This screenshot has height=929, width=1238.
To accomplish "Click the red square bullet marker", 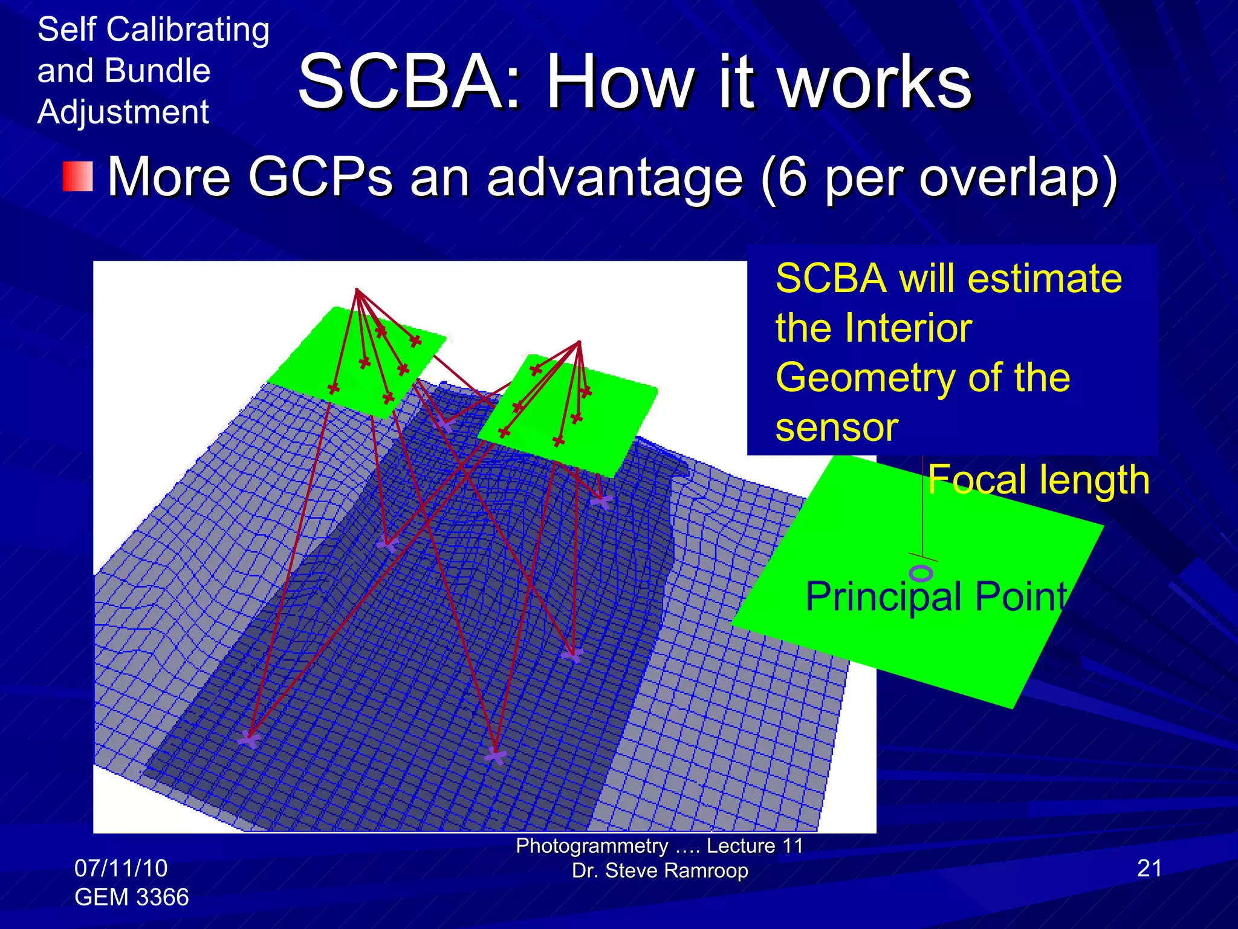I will pyautogui.click(x=78, y=177).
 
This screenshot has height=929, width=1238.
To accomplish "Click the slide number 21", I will pyautogui.click(x=1149, y=869).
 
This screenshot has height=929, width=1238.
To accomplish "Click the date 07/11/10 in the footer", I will pyautogui.click(x=121, y=869).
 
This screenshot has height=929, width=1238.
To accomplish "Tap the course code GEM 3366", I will pyautogui.click(x=131, y=897).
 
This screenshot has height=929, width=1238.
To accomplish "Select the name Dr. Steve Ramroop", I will pyautogui.click(x=660, y=871).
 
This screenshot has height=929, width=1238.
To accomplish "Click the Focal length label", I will pyautogui.click(x=1038, y=480).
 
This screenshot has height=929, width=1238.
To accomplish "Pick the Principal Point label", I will pyautogui.click(x=936, y=596).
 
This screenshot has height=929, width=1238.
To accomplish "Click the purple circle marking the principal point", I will pyautogui.click(x=921, y=572).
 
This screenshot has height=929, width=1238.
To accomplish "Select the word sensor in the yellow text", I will pyautogui.click(x=837, y=428).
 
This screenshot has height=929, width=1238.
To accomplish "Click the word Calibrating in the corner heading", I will pyautogui.click(x=187, y=30).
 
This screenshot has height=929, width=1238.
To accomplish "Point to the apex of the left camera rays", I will pyautogui.click(x=357, y=290).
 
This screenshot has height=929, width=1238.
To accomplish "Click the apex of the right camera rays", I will pyautogui.click(x=579, y=342).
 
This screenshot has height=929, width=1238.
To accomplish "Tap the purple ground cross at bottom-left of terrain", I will pyautogui.click(x=248, y=739).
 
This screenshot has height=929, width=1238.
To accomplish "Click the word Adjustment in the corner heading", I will pyautogui.click(x=123, y=112).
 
